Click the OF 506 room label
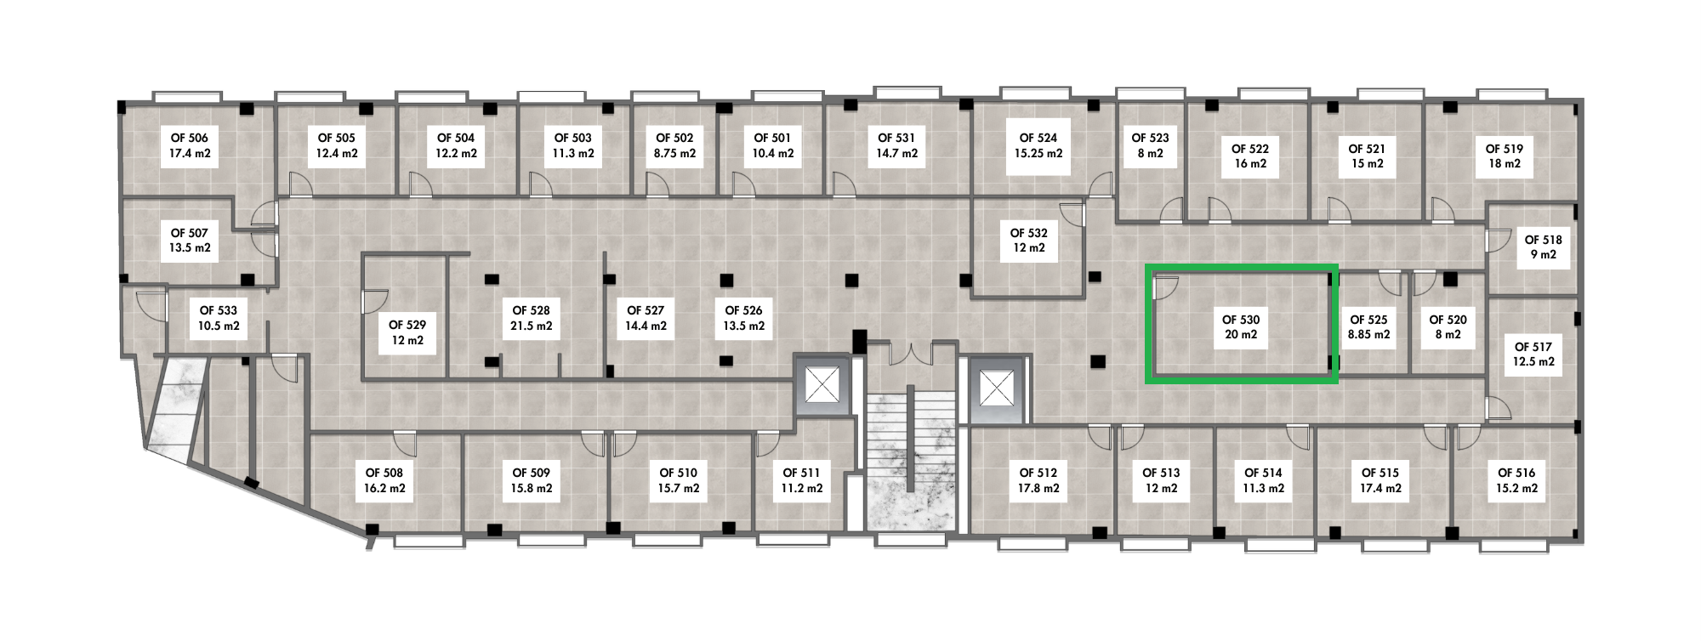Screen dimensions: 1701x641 (x=190, y=146)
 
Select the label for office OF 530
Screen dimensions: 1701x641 (x=1240, y=327)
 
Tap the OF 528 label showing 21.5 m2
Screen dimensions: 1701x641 (x=531, y=318)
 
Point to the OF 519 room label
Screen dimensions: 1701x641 (x=1504, y=156)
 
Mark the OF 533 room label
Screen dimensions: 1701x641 (x=219, y=318)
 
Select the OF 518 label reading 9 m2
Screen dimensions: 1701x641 (x=1543, y=247)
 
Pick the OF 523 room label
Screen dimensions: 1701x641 (x=1150, y=145)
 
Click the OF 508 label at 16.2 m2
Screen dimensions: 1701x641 (x=384, y=480)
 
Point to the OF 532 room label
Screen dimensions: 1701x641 (x=1028, y=240)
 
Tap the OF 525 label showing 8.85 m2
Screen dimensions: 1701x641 (x=1368, y=327)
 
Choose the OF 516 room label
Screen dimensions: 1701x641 (x=1516, y=480)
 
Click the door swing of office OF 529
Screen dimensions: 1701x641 (x=375, y=299)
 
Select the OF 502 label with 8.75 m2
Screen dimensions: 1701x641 (x=674, y=145)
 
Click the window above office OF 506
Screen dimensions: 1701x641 (x=186, y=96)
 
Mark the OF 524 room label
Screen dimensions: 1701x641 (x=1038, y=145)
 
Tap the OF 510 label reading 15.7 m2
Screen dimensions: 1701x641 (x=678, y=480)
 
